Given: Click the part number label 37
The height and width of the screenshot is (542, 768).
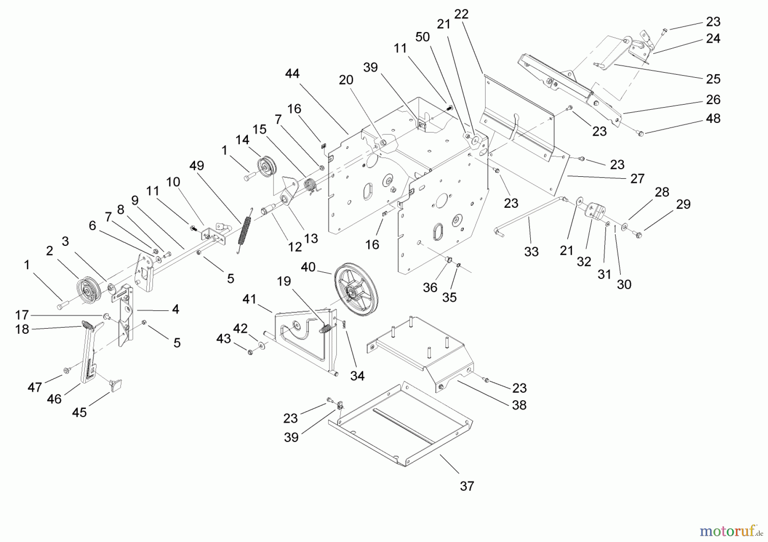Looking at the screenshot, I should (x=467, y=486).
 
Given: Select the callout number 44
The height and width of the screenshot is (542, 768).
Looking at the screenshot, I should (x=292, y=74).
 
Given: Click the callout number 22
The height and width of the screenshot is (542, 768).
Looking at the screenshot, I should (x=461, y=14).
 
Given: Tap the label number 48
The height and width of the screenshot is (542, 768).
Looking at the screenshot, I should (x=713, y=118).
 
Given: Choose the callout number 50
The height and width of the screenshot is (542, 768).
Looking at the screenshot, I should (x=422, y=37).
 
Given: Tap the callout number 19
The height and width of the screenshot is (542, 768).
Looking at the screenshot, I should (x=284, y=281).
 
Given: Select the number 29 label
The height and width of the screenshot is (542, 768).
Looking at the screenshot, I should (x=683, y=204).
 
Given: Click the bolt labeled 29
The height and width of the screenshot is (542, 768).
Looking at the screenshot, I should (x=638, y=234).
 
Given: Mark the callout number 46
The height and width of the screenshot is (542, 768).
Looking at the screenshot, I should (x=54, y=399).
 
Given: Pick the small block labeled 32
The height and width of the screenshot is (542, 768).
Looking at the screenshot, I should (x=596, y=212).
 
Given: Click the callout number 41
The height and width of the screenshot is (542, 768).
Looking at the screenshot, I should (x=249, y=299).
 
